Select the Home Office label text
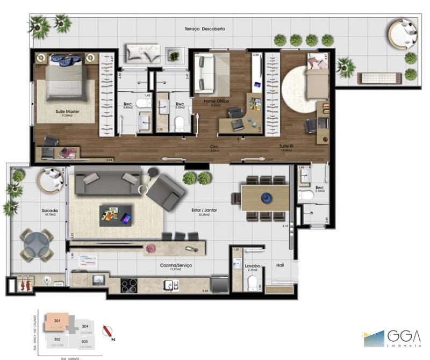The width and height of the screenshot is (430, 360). point(216,101)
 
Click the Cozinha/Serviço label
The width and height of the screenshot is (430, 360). point(175,266)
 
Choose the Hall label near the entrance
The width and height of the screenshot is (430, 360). point(280,265)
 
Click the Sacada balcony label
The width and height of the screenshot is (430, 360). point(34,211)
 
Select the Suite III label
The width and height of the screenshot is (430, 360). point(285,146)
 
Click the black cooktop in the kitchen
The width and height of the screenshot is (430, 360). point(131,285)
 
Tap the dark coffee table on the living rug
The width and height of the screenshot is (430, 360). point(115,214)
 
